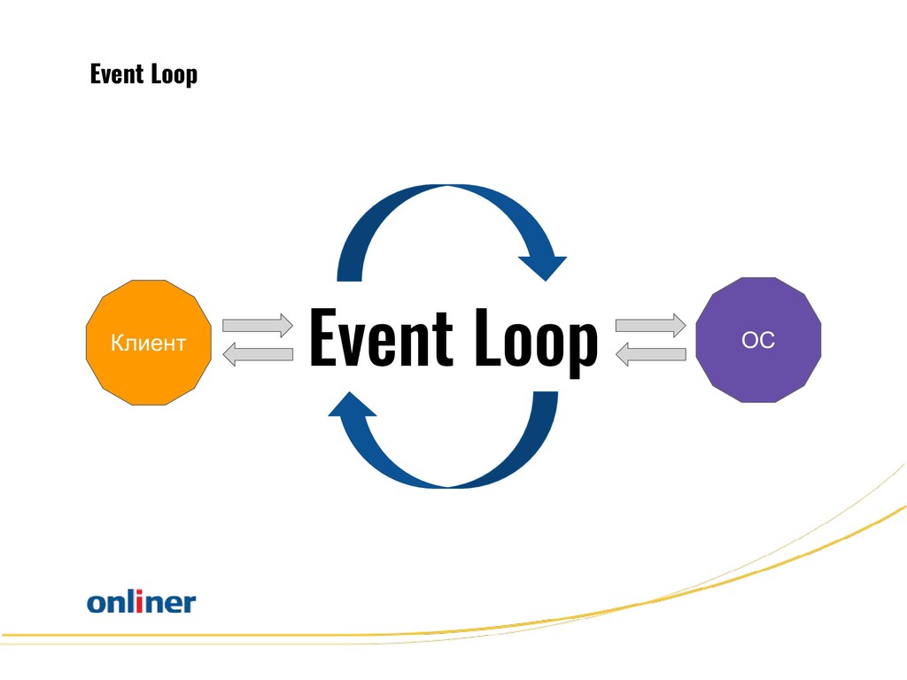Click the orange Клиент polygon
149,343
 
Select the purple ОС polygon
758,340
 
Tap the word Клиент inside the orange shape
149,344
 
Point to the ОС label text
758,340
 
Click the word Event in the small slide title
117,74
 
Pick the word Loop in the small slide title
174,75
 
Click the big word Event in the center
381,337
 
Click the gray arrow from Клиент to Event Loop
258,326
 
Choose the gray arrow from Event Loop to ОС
651,326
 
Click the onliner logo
142,601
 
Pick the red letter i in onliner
139,601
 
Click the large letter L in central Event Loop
488,337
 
